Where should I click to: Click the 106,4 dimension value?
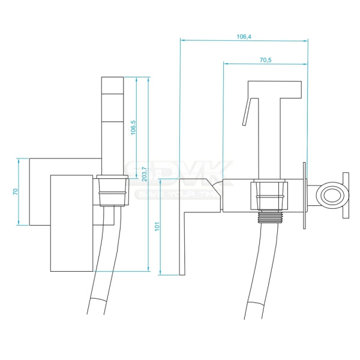click(244, 36)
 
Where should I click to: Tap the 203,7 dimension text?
click(145, 173)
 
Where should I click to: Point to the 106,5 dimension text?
click(133, 127)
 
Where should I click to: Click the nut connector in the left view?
click(112, 191)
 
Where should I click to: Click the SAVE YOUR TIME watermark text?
click(174, 194)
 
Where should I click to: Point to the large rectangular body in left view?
click(72, 222)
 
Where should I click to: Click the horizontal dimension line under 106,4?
click(244, 41)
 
